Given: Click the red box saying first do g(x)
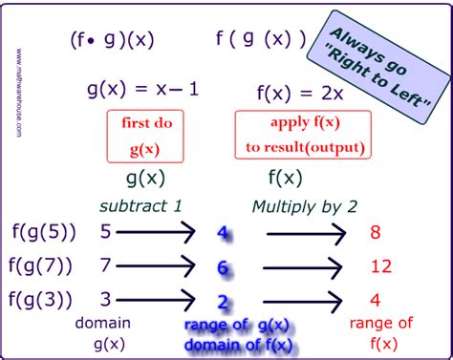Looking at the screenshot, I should tap(141, 137).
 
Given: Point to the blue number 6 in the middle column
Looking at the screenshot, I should tap(222, 269).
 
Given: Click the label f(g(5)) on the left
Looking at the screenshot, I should tap(42, 233).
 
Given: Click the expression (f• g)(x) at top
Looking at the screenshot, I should tap(114, 39).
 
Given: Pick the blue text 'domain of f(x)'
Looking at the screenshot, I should tap(238, 346).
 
